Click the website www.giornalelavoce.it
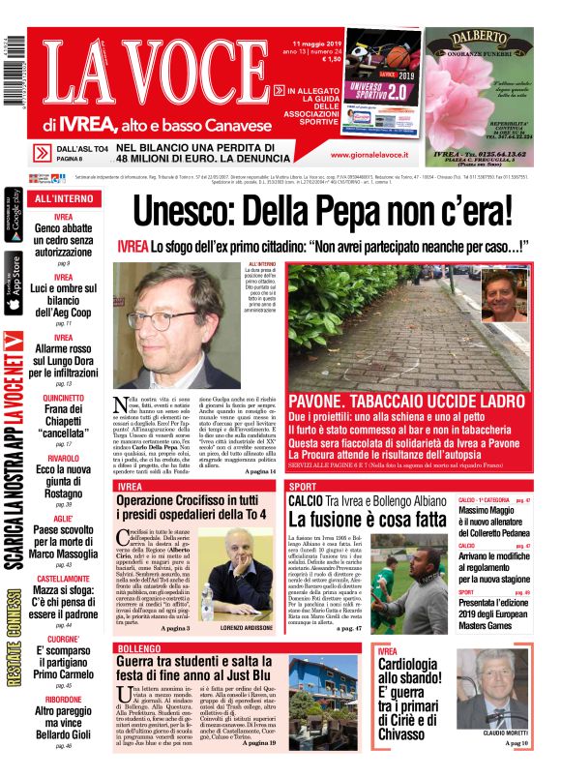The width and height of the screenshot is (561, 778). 369,154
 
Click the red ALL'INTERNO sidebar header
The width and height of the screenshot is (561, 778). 63,198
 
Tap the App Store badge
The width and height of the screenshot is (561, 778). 14,283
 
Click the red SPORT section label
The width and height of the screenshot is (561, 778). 303,486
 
